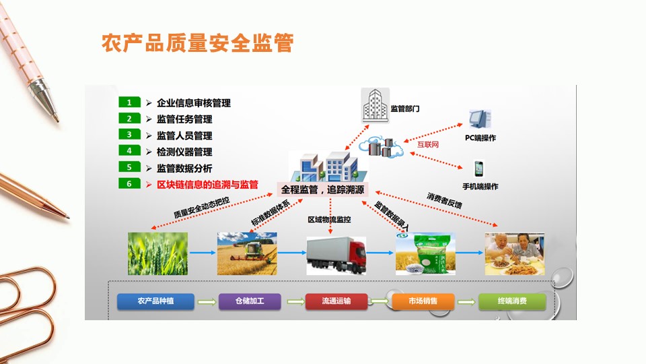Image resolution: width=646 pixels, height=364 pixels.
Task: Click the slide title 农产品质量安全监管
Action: (x=197, y=44)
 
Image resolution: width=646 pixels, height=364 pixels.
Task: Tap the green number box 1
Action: (x=129, y=102)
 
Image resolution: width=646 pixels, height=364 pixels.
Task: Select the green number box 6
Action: (x=129, y=183)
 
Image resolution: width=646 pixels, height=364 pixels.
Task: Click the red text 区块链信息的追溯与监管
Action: (x=207, y=184)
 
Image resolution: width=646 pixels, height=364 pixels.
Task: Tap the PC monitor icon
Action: (x=480, y=119)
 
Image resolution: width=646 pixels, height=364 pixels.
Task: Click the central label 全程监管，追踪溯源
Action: (x=323, y=189)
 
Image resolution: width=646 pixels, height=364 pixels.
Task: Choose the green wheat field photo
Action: (x=158, y=253)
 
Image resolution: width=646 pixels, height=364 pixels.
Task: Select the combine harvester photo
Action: (x=247, y=253)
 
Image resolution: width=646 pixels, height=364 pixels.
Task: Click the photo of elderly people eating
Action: (x=515, y=253)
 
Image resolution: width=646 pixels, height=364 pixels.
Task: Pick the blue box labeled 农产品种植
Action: (x=155, y=301)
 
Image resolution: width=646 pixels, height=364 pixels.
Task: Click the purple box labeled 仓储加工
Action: (x=250, y=301)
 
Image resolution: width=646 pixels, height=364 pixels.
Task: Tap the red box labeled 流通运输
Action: (x=336, y=301)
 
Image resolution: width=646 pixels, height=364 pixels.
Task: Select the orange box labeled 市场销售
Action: (x=423, y=301)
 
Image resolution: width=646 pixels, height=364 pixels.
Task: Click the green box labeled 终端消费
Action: (x=512, y=301)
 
